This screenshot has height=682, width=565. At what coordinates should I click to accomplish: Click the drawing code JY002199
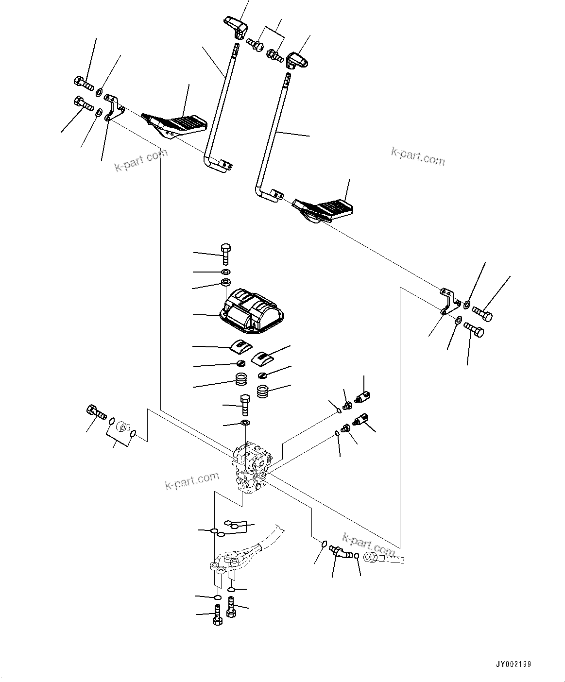click(x=514, y=664)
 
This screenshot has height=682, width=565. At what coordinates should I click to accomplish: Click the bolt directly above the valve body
click(x=244, y=404)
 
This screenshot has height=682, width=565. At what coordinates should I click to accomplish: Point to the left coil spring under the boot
click(x=241, y=379)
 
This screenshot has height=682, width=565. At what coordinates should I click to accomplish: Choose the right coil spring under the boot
click(x=263, y=392)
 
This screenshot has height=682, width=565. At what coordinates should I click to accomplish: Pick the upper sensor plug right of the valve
click(x=363, y=397)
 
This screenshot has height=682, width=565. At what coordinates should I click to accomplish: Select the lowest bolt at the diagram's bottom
click(x=217, y=618)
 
